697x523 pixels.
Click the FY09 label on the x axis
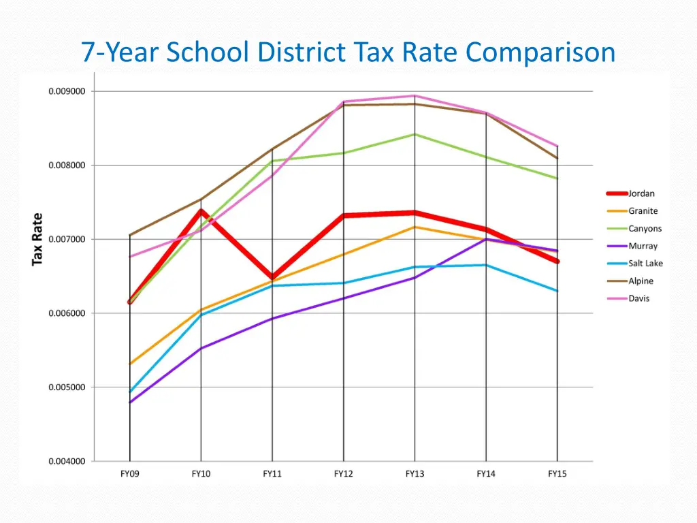coord(129,474)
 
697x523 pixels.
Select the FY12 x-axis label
coord(343,474)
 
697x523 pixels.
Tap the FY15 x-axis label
coord(557,474)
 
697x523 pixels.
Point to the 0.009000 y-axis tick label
coord(67,91)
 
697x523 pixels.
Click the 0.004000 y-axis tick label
coord(67,462)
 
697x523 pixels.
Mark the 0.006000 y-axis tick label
coord(67,313)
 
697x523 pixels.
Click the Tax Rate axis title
coord(37,239)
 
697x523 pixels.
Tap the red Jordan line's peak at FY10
coord(201,210)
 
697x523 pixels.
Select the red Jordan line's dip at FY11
coord(272,278)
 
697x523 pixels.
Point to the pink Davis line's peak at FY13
coord(415,96)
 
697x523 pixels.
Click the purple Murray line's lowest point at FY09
coord(130,402)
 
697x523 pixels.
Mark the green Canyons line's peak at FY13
coord(415,134)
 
